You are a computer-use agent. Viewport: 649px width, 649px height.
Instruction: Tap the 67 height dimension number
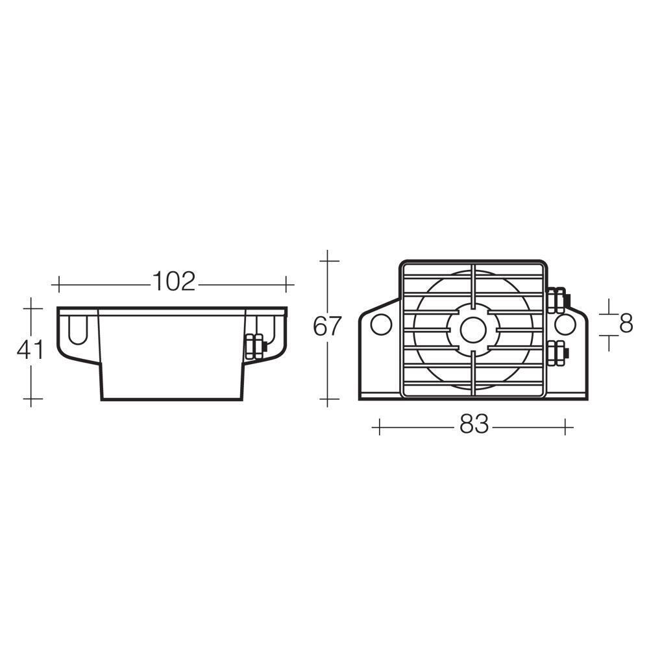click(x=326, y=326)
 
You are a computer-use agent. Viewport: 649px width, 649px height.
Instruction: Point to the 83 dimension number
click(x=473, y=426)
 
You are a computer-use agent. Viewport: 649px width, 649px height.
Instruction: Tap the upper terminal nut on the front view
click(x=557, y=300)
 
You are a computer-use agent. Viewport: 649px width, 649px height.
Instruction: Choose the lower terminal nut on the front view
click(x=557, y=354)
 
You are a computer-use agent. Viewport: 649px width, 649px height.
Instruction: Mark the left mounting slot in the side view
click(x=75, y=330)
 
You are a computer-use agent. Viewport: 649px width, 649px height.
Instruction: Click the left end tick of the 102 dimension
click(x=59, y=284)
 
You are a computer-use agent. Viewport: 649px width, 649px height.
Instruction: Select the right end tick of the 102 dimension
click(x=286, y=284)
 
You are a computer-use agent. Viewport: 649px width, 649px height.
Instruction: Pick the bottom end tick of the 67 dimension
click(x=329, y=399)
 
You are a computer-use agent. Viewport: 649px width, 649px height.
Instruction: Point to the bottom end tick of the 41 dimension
click(x=31, y=398)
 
